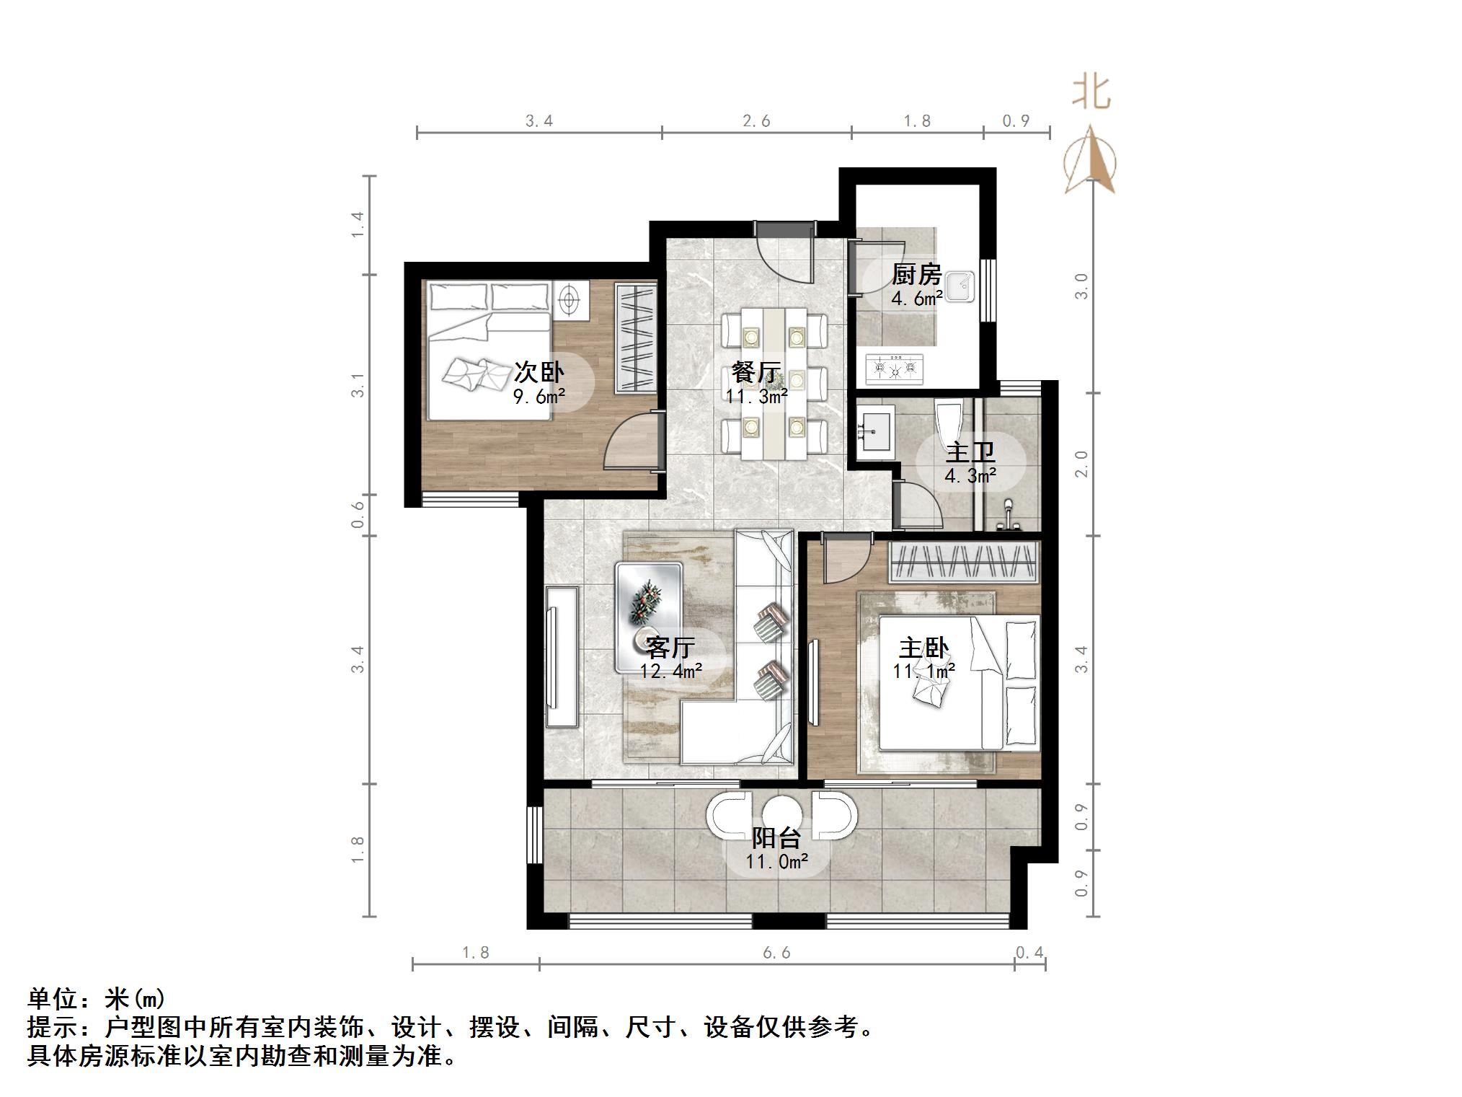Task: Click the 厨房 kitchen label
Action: pyautogui.click(x=916, y=274)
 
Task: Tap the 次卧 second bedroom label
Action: pyautogui.click(x=539, y=372)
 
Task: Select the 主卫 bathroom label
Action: pyautogui.click(x=970, y=452)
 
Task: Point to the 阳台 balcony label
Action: pyautogui.click(x=776, y=837)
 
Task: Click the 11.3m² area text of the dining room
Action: pyautogui.click(x=756, y=396)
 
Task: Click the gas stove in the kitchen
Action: pyautogui.click(x=895, y=368)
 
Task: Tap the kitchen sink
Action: pyautogui.click(x=960, y=286)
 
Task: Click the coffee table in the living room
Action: pyautogui.click(x=649, y=618)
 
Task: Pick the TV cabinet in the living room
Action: pyautogui.click(x=562, y=656)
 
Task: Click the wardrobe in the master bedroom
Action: pyautogui.click(x=964, y=562)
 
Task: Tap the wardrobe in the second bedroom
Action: pyautogui.click(x=635, y=338)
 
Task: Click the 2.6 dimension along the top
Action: pyautogui.click(x=756, y=121)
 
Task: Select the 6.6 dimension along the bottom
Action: pyautogui.click(x=776, y=953)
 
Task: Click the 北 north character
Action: pyautogui.click(x=1091, y=92)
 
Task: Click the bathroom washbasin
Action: pyautogui.click(x=875, y=427)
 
